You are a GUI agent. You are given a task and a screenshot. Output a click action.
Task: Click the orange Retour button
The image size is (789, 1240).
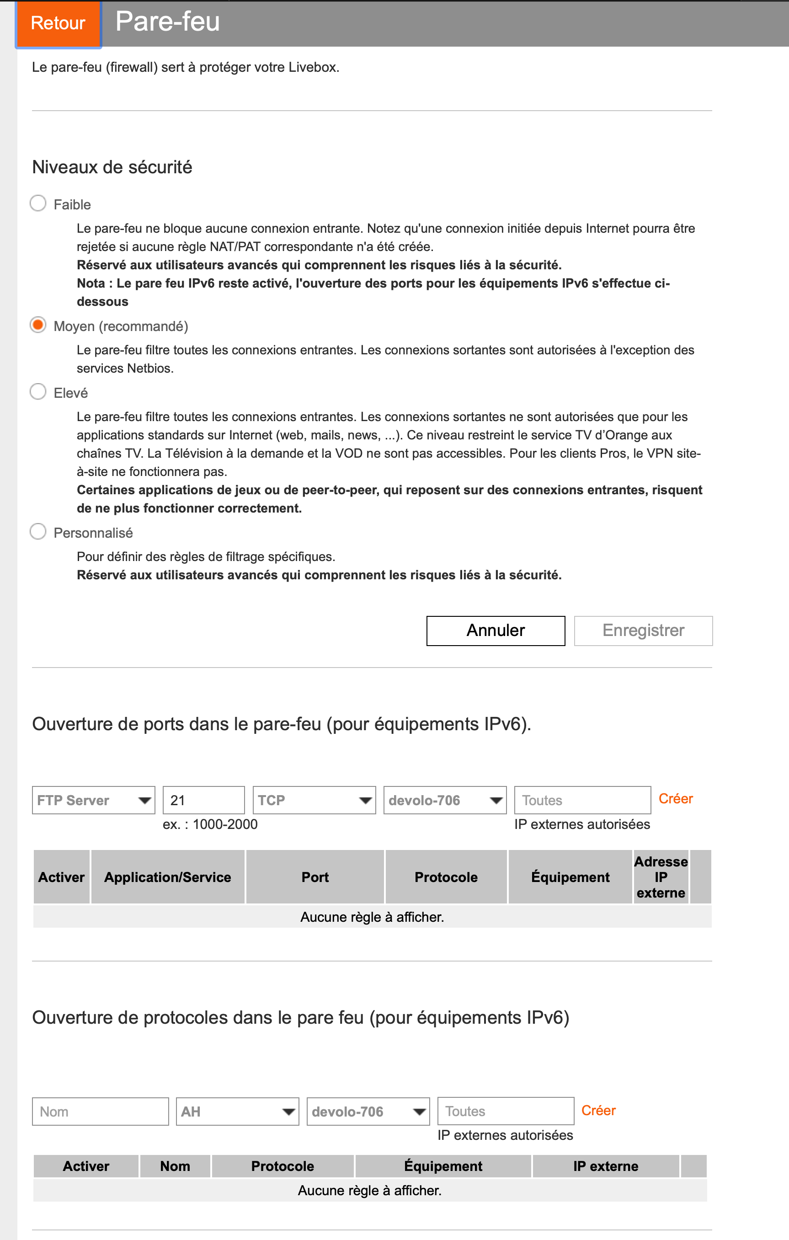(58, 23)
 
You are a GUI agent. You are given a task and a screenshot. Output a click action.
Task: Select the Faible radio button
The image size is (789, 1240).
(38, 203)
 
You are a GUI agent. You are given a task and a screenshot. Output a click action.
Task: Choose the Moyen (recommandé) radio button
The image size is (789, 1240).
(38, 325)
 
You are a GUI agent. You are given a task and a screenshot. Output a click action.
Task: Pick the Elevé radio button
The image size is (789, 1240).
(38, 392)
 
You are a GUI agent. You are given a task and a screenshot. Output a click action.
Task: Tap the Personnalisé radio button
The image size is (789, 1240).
(38, 531)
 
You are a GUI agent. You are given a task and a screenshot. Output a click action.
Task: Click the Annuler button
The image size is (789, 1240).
(495, 631)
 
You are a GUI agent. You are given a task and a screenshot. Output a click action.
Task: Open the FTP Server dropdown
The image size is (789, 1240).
(94, 800)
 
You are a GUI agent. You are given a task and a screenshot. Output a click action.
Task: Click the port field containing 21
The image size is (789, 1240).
(203, 800)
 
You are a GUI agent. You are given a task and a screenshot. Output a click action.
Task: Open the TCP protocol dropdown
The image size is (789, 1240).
(314, 800)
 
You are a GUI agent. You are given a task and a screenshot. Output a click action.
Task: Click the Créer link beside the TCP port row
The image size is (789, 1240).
(675, 798)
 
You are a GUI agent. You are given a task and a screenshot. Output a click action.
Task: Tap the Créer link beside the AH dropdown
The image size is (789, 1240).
(598, 1110)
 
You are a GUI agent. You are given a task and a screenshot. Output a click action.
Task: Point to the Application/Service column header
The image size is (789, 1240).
(168, 877)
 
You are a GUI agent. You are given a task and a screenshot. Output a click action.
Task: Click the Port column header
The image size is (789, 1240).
(315, 877)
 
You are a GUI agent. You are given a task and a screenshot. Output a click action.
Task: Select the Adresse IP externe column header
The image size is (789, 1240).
(661, 877)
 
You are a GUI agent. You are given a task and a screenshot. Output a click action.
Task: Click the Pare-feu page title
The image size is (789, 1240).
(168, 21)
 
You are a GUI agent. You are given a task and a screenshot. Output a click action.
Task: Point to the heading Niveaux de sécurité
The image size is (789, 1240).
(112, 167)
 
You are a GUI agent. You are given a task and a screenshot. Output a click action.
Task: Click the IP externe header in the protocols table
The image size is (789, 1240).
(605, 1166)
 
